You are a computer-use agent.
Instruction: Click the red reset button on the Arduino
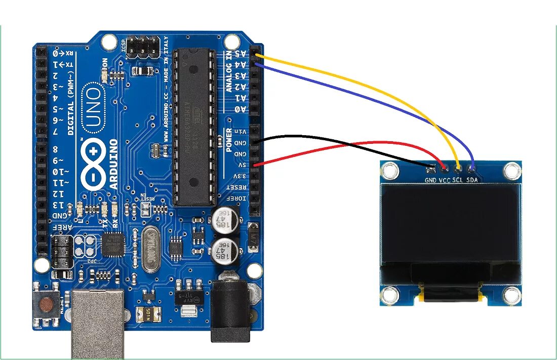47,305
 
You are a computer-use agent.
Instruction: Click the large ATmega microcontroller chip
191,127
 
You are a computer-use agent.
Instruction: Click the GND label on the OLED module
430,180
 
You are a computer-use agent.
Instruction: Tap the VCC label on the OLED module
445,180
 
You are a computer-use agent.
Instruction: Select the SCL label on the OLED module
458,180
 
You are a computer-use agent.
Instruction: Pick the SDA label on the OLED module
472,180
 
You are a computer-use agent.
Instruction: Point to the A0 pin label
243,109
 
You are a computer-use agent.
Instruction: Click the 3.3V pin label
242,176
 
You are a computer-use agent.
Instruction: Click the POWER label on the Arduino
229,140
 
